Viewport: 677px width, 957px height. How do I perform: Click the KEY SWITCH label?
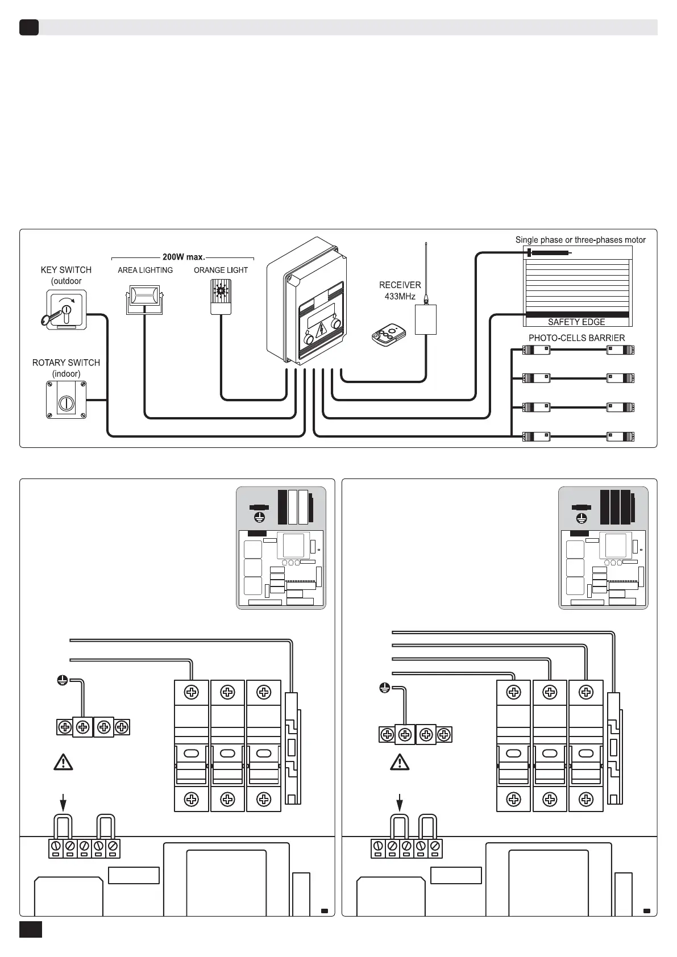coord(66,270)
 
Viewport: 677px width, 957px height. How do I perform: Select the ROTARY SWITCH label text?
coord(66,363)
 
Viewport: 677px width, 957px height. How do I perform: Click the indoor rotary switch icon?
coord(66,400)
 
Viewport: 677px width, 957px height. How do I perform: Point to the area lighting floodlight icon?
coord(144,299)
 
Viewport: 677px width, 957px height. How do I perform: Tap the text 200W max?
coord(183,257)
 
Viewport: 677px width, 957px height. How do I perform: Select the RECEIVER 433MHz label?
coord(400,290)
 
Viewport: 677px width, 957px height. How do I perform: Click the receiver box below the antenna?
coord(426,320)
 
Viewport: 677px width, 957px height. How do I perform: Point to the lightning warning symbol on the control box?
coord(321,330)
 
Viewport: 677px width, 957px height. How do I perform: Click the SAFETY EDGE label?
coord(576,322)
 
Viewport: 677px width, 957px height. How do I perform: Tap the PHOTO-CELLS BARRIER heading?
coord(576,338)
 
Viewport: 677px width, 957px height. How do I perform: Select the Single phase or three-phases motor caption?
coord(580,240)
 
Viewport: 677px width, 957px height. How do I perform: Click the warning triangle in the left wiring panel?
coord(63,762)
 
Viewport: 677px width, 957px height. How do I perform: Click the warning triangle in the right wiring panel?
coord(400,762)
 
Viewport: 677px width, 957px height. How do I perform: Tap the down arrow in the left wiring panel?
coord(63,803)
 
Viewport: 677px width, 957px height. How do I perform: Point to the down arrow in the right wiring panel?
coord(400,803)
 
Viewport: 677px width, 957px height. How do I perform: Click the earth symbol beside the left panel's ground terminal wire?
coord(63,680)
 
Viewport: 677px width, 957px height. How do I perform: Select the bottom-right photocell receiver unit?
coord(620,436)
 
